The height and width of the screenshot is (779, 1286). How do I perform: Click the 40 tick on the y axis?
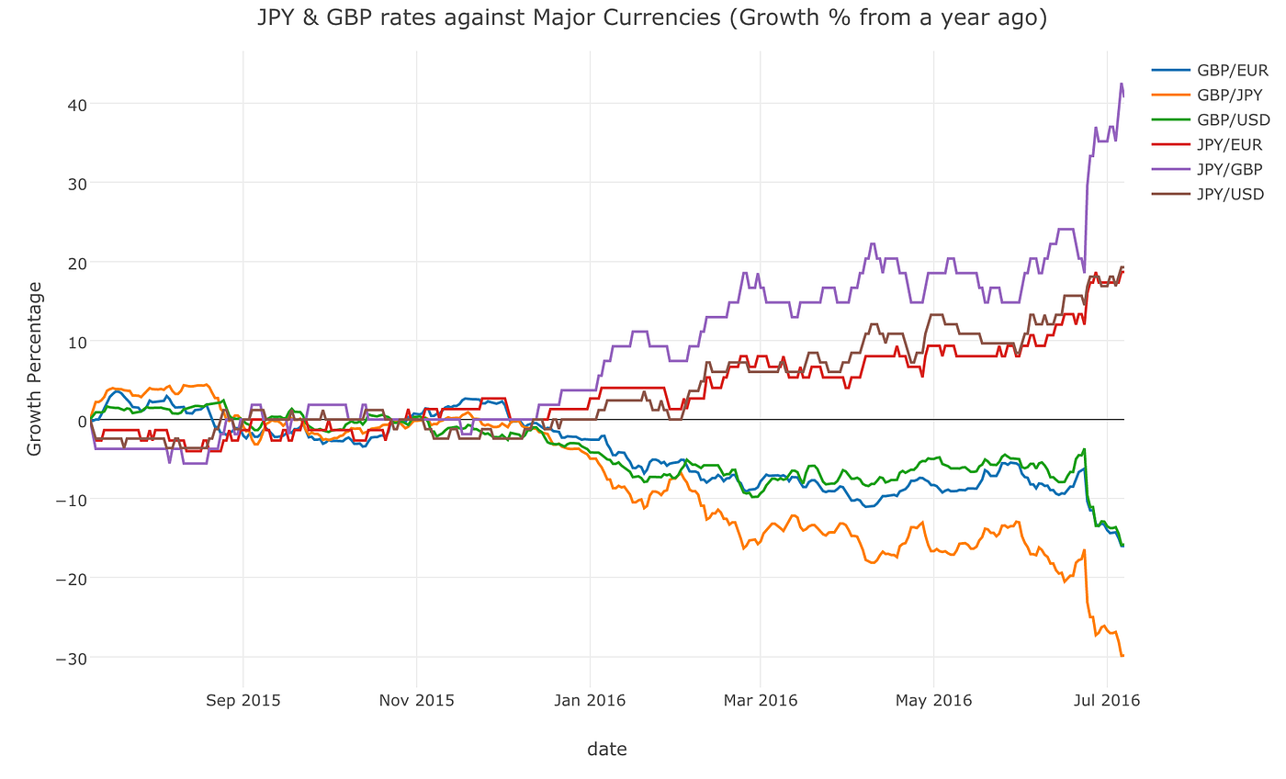(75, 104)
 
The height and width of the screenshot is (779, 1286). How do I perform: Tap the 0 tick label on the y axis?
(82, 421)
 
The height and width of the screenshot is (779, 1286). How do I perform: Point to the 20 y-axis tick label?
(75, 263)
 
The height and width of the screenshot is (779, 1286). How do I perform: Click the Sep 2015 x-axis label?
(243, 700)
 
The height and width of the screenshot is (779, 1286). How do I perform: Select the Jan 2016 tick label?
(589, 700)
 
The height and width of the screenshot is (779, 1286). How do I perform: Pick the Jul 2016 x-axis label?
(1106, 700)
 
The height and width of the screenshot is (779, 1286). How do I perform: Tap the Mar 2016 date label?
(761, 700)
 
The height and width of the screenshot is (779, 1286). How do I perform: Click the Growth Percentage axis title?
(35, 368)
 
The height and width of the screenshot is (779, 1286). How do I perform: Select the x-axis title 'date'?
(607, 750)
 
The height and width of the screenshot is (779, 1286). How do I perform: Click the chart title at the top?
(652, 17)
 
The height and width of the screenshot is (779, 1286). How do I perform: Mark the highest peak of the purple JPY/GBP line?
(1121, 84)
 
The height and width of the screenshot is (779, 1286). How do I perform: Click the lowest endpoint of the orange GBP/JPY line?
(1122, 655)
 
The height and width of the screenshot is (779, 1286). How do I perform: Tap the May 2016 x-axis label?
(933, 700)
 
